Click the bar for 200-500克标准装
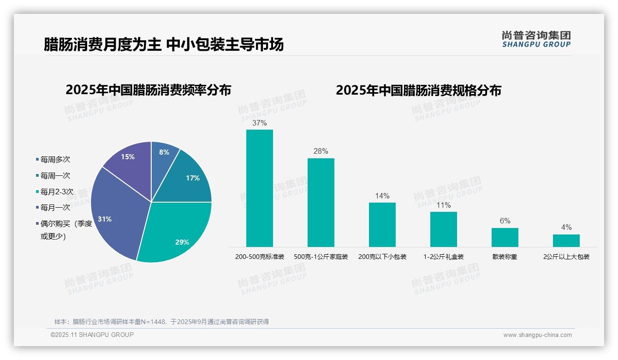click(x=259, y=188)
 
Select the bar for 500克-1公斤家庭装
click(x=321, y=203)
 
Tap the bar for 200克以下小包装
click(x=382, y=225)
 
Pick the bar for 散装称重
click(x=505, y=237)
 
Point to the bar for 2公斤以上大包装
click(x=566, y=240)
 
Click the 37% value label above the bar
click(x=259, y=123)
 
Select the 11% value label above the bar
click(x=443, y=205)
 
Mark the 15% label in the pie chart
click(x=128, y=157)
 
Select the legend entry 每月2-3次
click(x=57, y=192)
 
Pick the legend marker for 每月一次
click(x=37, y=208)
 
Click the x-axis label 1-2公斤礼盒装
click(x=443, y=257)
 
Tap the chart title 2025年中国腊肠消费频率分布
click(x=148, y=90)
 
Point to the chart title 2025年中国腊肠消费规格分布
click(x=418, y=90)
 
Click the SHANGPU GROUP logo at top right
click(x=536, y=39)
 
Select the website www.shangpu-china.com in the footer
click(x=537, y=335)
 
